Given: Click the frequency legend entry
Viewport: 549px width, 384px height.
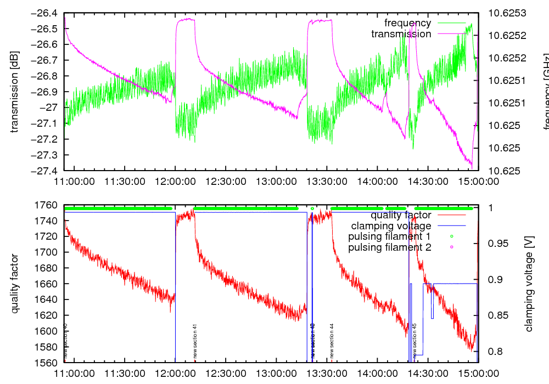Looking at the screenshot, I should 407,23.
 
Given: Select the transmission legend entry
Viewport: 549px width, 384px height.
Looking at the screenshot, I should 401,34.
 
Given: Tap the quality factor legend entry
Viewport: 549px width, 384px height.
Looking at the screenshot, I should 401,214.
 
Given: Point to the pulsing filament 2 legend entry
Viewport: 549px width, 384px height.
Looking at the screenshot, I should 389,247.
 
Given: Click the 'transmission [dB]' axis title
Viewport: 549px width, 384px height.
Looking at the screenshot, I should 15,92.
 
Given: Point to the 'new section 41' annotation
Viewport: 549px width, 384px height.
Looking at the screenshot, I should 195,341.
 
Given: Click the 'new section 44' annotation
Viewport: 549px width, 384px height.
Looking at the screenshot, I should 332,341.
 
